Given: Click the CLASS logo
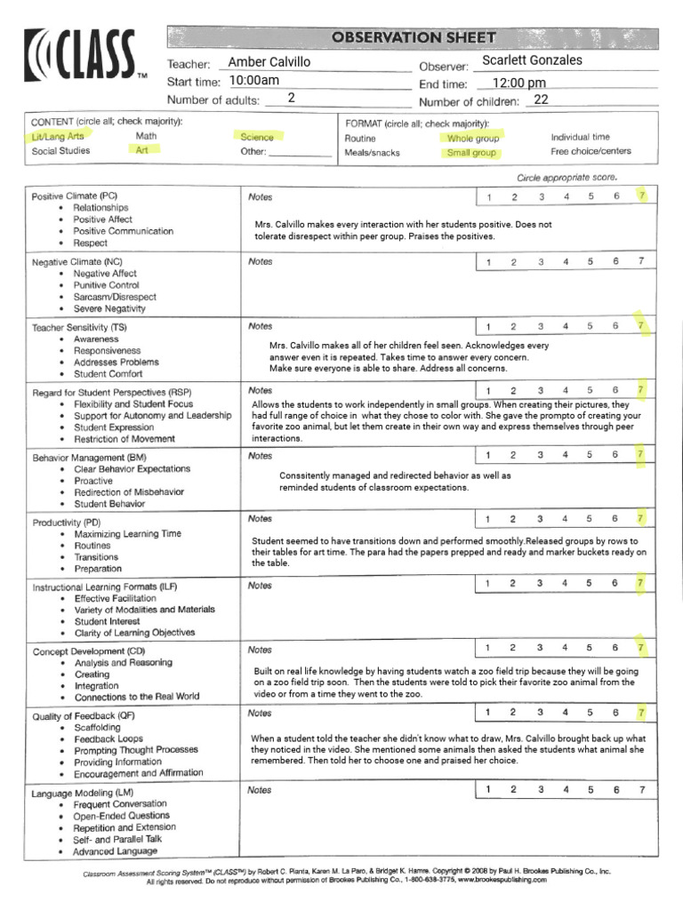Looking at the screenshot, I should click(x=82, y=56).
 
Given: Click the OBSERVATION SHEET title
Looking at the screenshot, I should click(x=414, y=37).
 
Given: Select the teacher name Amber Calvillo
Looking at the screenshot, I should click(x=269, y=62).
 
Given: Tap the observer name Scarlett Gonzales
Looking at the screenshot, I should click(x=532, y=60).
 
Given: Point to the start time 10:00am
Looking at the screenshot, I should click(x=254, y=81).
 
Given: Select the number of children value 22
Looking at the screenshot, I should click(x=541, y=100).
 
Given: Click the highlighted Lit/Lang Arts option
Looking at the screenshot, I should click(x=58, y=137).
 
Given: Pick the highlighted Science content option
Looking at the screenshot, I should click(x=256, y=137).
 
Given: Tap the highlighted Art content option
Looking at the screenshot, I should click(x=141, y=151).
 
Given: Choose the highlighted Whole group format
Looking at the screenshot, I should click(x=473, y=139).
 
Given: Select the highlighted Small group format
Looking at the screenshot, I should click(x=471, y=153).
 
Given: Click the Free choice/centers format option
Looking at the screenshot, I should click(x=591, y=151).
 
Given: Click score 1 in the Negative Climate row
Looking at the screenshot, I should click(x=488, y=262).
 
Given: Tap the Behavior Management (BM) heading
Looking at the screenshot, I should click(x=89, y=457).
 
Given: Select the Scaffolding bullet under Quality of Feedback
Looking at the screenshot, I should click(x=97, y=727).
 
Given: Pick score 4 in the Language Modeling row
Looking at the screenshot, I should click(x=565, y=789).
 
